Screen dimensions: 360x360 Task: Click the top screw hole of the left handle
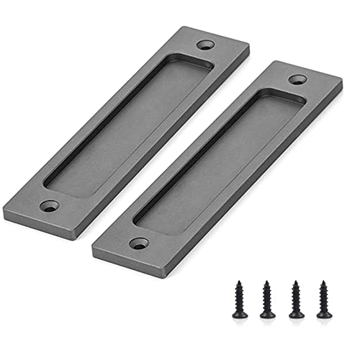pyautogui.click(x=207, y=45)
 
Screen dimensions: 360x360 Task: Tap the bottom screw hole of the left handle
pyautogui.click(x=48, y=207)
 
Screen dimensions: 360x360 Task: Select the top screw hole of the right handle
pyautogui.click(x=297, y=79)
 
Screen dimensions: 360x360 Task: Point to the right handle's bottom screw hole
pyautogui.click(x=139, y=243)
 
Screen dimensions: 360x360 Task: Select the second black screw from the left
pyautogui.click(x=267, y=299)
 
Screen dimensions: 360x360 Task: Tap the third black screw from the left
pyautogui.click(x=295, y=299)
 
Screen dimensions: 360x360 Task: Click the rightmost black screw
pyautogui.click(x=322, y=299)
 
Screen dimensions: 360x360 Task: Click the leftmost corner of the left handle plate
pyautogui.click(x=4, y=209)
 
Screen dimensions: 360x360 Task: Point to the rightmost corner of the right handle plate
pyautogui.click(x=342, y=83)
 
